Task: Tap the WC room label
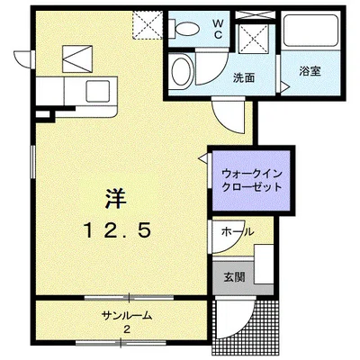pyautogui.click(x=218, y=29)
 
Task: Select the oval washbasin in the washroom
pyautogui.click(x=180, y=71)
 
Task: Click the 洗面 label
pyautogui.click(x=244, y=78)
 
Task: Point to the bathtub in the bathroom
pyautogui.click(x=311, y=31)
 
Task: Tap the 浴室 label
pyautogui.click(x=310, y=71)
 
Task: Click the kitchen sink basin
pyautogui.click(x=98, y=91)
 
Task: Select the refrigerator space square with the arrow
pyautogui.click(x=77, y=58)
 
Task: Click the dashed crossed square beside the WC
pyautogui.click(x=148, y=24)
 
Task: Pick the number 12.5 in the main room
pyautogui.click(x=117, y=231)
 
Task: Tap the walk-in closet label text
pyautogui.click(x=252, y=181)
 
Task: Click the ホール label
pyautogui.click(x=238, y=231)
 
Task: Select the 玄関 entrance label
pyautogui.click(x=235, y=277)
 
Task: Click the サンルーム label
pyautogui.click(x=127, y=315)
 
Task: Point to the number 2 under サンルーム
pyautogui.click(x=127, y=329)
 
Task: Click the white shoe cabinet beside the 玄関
pyautogui.click(x=264, y=264)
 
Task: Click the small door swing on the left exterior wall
pyautogui.click(x=23, y=59)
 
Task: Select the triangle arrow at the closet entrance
pyautogui.click(x=203, y=158)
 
